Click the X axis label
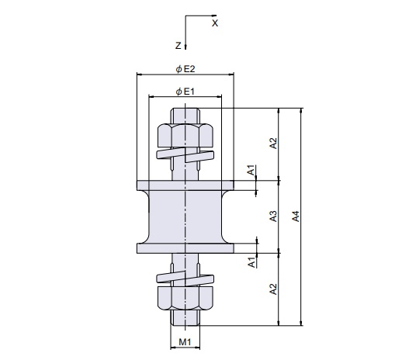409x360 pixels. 215,23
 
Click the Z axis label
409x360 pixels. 179,46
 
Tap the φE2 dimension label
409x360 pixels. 185,69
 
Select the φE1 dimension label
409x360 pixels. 185,92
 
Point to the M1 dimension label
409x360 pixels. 185,341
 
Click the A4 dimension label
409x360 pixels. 296,216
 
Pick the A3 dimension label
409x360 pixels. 273,216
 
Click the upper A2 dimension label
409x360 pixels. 273,144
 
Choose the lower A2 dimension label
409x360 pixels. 273,289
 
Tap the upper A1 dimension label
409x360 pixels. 251,170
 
